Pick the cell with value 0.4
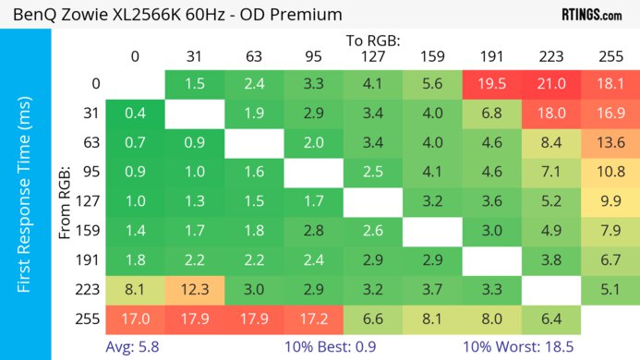coord(135,114)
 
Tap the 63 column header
coord(253,56)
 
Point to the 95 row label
coord(89,173)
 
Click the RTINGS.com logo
coord(591,15)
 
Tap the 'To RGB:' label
coord(373,41)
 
